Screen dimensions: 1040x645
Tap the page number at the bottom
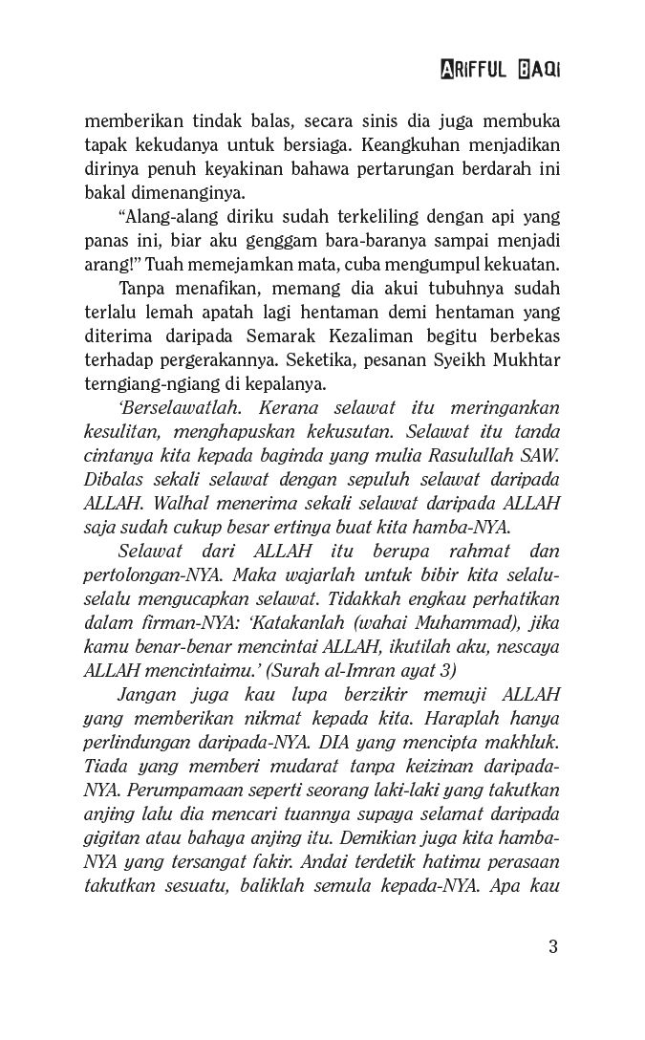(553, 947)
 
